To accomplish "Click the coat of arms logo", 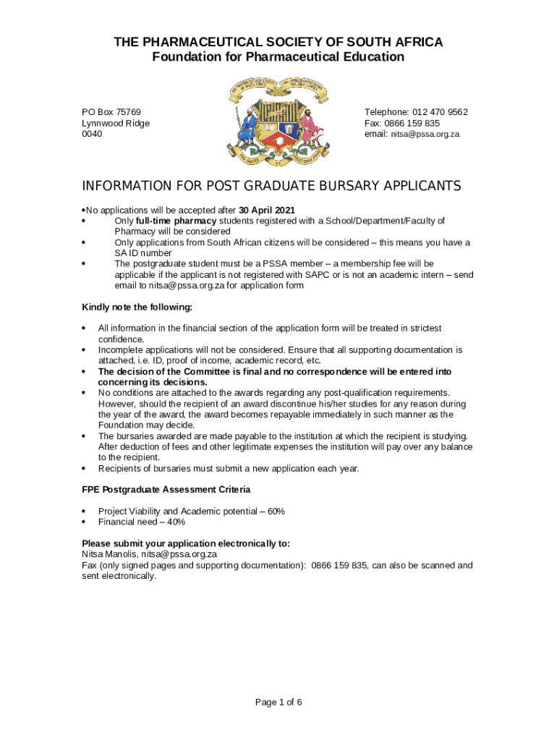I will [278, 120].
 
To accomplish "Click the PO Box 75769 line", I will [111, 112].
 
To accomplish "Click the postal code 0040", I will [92, 134].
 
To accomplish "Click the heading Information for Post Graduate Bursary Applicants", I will [271, 187].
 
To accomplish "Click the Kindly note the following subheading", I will [137, 307].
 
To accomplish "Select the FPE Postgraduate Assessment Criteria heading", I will [166, 490].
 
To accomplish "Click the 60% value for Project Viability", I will [276, 512].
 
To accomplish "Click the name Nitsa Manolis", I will [109, 554].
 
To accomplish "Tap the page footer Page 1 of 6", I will [278, 702].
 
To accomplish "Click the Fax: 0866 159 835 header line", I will [402, 123].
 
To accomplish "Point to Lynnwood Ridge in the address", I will [116, 123].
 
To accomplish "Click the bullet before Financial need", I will [85, 522].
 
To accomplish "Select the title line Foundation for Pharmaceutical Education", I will [278, 56].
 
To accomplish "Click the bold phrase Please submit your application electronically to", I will [186, 543].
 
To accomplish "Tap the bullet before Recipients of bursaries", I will [85, 468].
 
